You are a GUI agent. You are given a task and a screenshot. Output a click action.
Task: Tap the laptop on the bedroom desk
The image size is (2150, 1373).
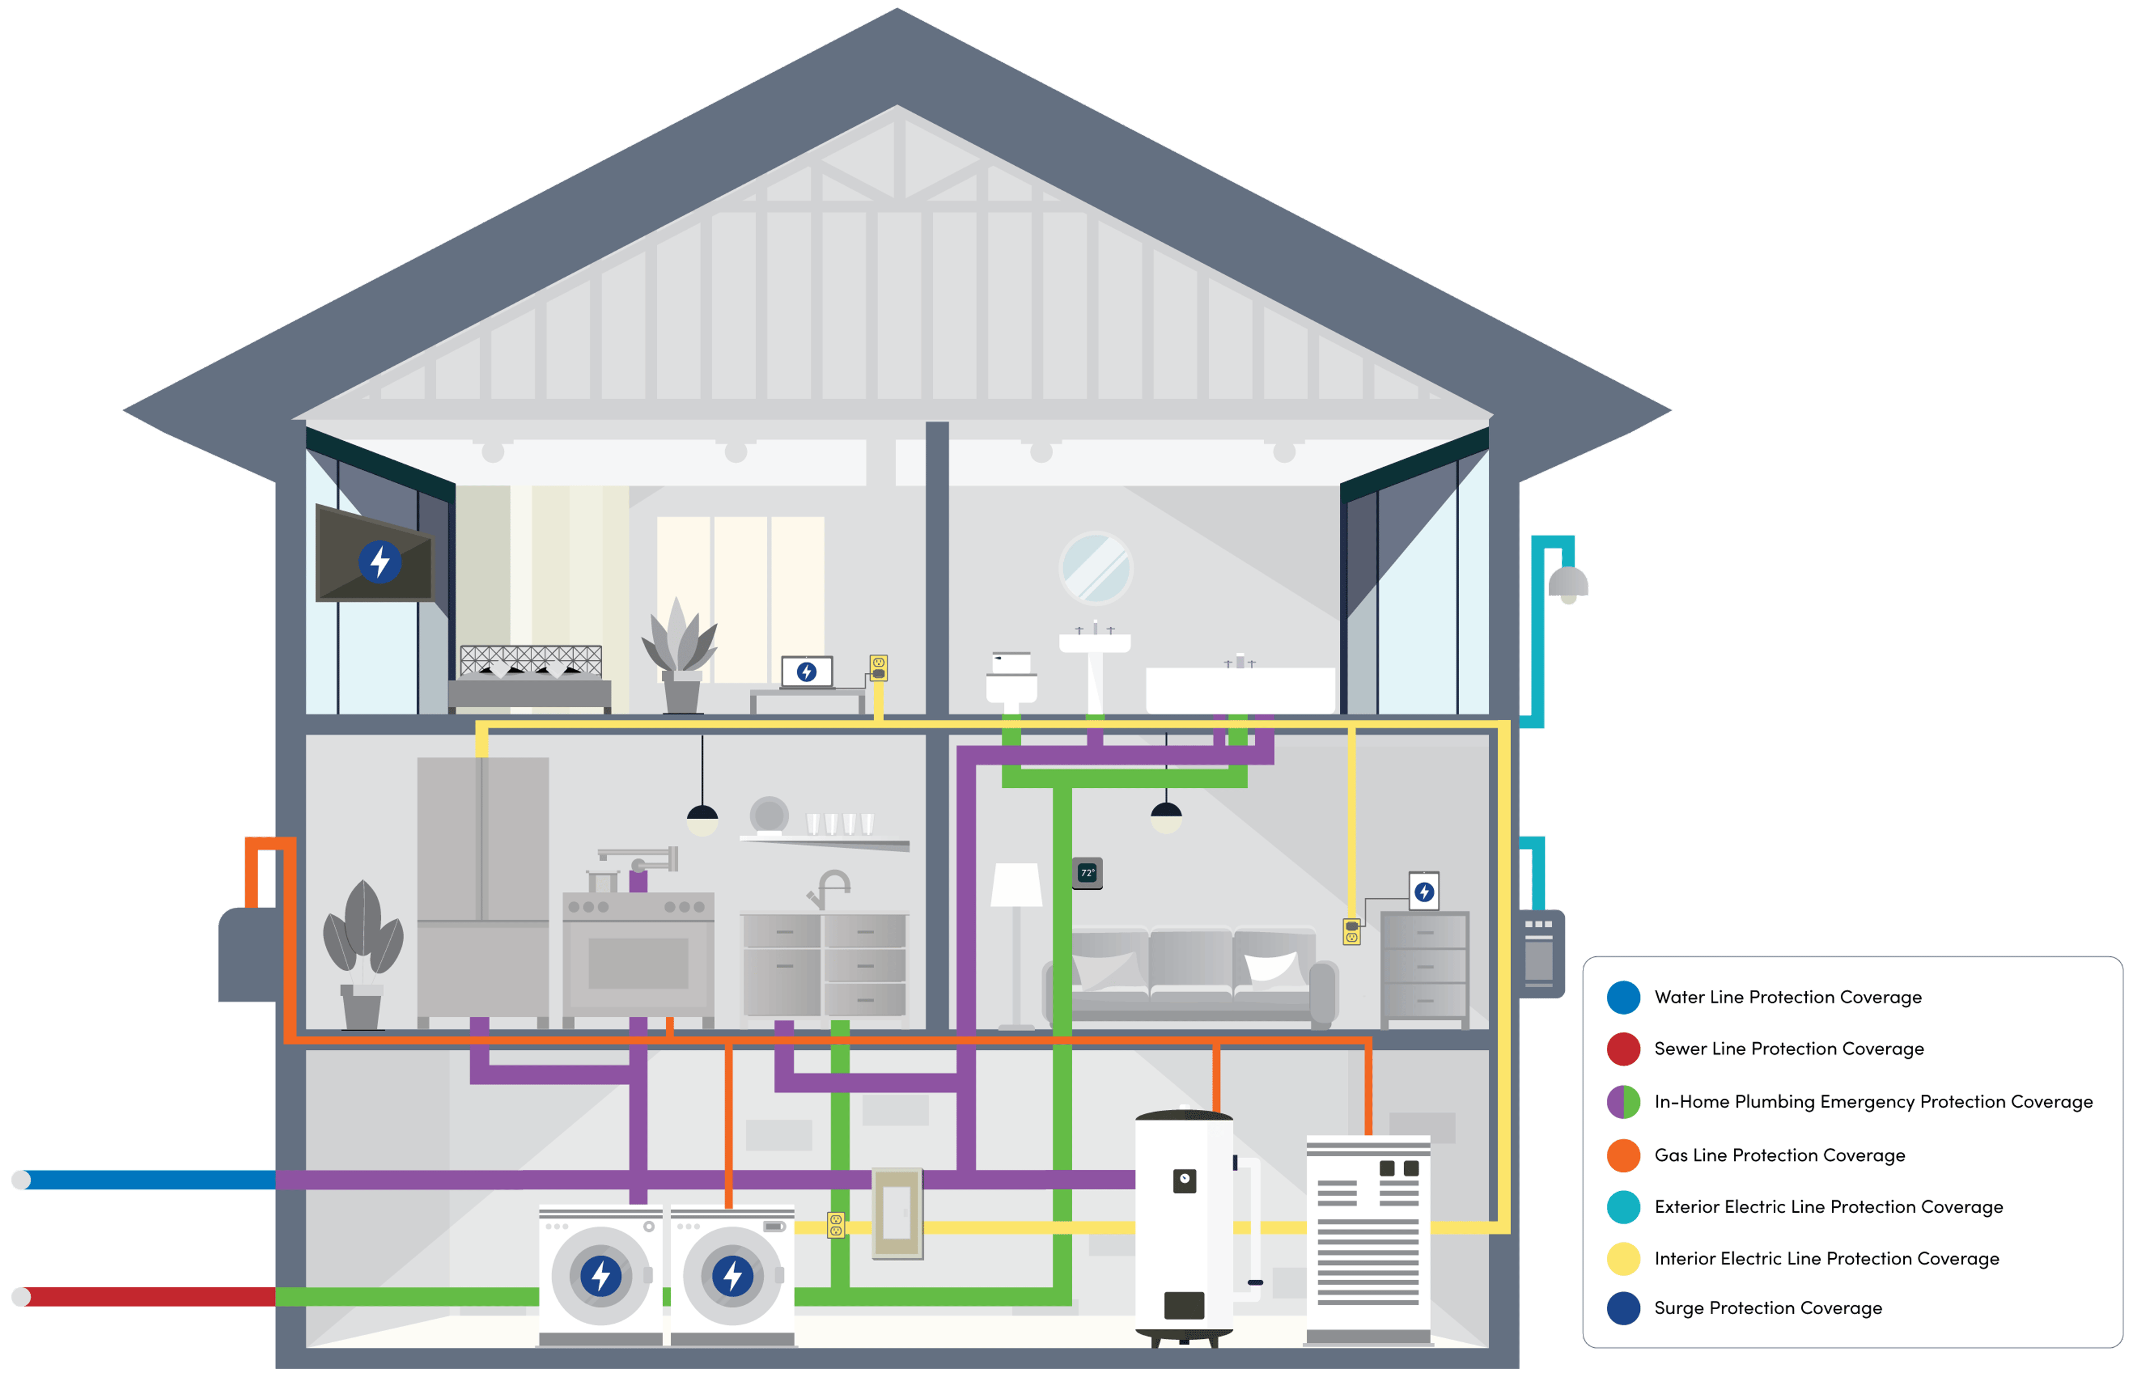(806, 672)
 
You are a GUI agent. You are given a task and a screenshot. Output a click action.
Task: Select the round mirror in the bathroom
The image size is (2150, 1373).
(1096, 568)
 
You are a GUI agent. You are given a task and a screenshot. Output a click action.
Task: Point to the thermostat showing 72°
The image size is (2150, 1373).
(1087, 873)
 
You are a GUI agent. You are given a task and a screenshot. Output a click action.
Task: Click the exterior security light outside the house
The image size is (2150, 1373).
(1568, 585)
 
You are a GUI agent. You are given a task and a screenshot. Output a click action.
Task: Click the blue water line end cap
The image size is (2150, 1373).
(21, 1180)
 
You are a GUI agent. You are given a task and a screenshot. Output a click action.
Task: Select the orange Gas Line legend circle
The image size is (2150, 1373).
(1623, 1155)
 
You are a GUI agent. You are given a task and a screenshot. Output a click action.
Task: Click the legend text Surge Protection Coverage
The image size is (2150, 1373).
(1767, 1308)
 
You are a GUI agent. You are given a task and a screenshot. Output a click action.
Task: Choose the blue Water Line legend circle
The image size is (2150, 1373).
(1623, 997)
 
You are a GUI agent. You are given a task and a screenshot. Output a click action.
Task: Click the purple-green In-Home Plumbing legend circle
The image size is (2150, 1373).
(1623, 1101)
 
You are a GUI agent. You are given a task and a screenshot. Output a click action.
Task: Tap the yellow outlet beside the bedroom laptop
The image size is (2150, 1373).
(878, 668)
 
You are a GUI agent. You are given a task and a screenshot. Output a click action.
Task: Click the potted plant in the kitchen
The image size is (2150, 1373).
(362, 955)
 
